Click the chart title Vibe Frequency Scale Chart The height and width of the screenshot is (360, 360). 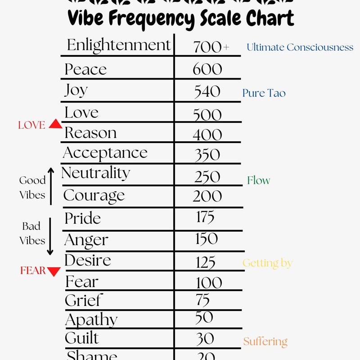click(x=180, y=19)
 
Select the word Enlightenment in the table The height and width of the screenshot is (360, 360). click(x=119, y=45)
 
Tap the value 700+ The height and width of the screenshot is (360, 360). click(x=211, y=47)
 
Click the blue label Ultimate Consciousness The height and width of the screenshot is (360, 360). click(x=300, y=47)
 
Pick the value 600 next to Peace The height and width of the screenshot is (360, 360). click(x=207, y=69)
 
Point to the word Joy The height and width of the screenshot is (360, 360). click(x=76, y=91)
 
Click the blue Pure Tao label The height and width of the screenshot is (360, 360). click(x=264, y=93)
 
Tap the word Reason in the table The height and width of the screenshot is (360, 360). click(x=90, y=133)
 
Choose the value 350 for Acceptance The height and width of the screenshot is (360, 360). click(x=207, y=155)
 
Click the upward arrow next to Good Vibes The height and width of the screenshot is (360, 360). click(x=51, y=186)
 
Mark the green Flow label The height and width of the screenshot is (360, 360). click(x=258, y=180)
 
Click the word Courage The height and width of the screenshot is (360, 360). click(x=94, y=196)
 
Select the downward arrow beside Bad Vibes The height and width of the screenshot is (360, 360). click(x=50, y=236)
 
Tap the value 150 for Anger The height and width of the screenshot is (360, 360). click(x=207, y=238)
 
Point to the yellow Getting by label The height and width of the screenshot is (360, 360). click(x=267, y=263)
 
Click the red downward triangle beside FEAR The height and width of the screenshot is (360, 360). click(x=54, y=271)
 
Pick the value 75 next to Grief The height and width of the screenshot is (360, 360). click(x=203, y=300)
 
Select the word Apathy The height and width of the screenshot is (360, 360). click(x=91, y=320)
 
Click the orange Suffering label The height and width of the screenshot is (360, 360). click(x=265, y=342)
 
